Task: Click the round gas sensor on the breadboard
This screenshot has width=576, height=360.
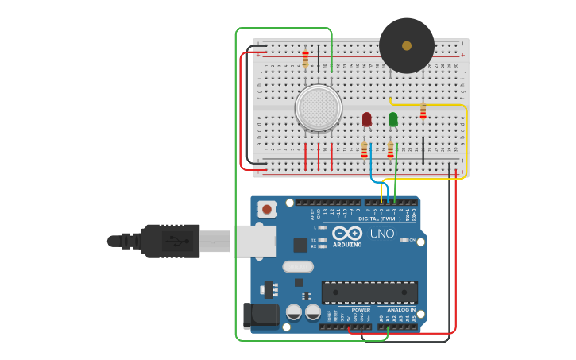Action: point(319,108)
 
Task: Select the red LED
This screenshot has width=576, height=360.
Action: point(366,119)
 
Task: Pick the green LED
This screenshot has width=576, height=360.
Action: point(392,119)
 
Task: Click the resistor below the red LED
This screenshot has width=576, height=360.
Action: point(365,150)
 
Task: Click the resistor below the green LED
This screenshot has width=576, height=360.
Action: point(390,150)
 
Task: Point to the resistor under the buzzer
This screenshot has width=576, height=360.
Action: point(423,110)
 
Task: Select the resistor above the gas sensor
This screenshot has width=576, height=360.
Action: point(305,57)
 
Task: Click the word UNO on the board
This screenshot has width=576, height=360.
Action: point(382,234)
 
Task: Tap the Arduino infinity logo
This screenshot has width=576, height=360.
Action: point(348,234)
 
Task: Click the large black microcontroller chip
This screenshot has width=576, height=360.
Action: point(369,292)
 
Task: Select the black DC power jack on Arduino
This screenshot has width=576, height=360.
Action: point(261,315)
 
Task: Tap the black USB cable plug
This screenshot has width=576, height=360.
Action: point(170,240)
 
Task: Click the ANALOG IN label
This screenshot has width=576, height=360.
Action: point(401,309)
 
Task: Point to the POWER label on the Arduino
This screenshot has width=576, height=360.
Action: point(361,309)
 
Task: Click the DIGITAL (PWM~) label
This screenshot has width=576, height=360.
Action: point(380,219)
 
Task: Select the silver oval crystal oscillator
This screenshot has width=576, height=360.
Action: point(298,266)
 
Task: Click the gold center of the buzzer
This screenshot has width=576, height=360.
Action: point(407,46)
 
